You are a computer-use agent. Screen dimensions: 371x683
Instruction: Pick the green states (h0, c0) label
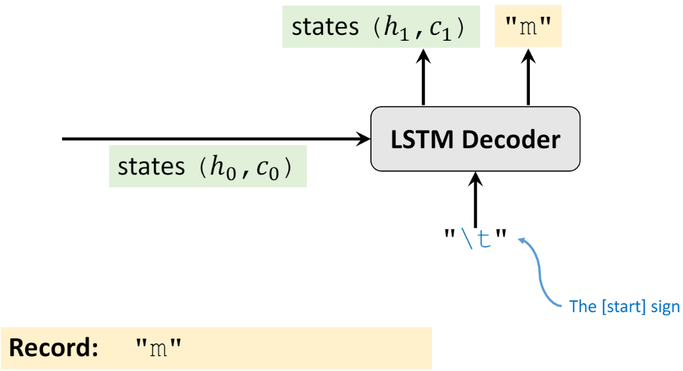click(207, 167)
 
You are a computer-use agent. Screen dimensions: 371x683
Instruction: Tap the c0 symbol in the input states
click(266, 169)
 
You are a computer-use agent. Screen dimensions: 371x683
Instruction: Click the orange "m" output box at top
click(528, 28)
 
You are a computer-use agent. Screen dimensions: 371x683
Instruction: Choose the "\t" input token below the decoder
click(475, 240)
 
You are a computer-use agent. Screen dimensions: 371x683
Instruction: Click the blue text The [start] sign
click(624, 306)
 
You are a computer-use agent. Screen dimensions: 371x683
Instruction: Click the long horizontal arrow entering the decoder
click(213, 138)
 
